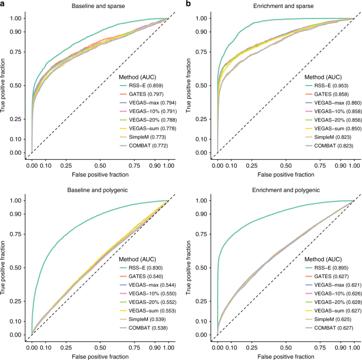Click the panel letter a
pyautogui.click(x=3, y=4)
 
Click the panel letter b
pyautogui.click(x=188, y=4)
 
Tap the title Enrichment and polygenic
pyautogui.click(x=285, y=189)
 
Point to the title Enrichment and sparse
pyautogui.click(x=285, y=7)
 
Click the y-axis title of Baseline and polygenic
pyautogui.click(x=4, y=267)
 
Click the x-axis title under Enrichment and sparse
pyautogui.click(x=285, y=173)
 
